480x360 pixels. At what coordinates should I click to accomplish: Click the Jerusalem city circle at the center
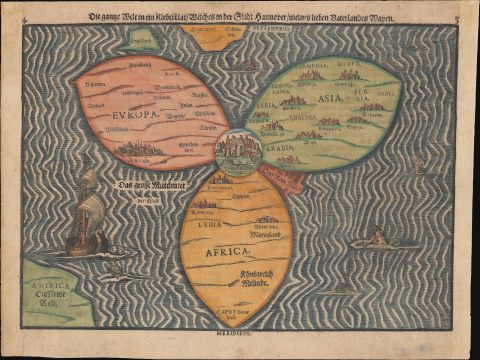238,150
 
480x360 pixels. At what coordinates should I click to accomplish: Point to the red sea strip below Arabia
282,179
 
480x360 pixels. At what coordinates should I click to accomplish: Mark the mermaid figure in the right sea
377,238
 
